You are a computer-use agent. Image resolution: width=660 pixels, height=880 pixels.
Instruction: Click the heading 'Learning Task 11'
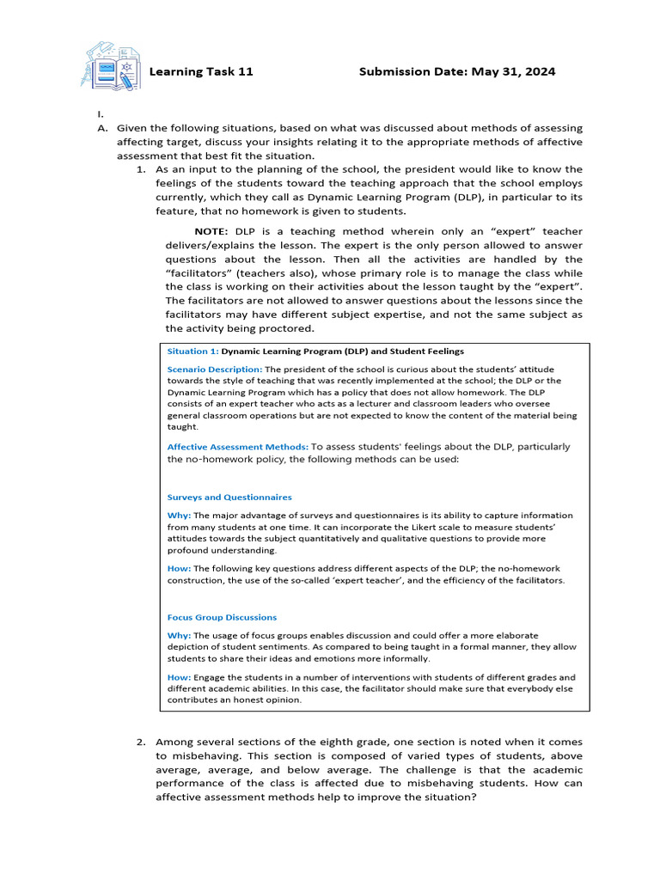click(x=201, y=71)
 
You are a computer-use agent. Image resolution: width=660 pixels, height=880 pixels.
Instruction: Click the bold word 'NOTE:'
click(x=211, y=231)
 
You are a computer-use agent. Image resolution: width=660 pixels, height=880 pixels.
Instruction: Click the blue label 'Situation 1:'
click(x=192, y=351)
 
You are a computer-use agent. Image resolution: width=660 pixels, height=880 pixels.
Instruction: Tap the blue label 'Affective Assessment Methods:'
click(x=237, y=447)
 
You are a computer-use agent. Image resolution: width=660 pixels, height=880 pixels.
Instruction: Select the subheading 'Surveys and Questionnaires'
click(x=229, y=498)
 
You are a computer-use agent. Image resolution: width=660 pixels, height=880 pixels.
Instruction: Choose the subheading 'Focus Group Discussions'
click(x=222, y=617)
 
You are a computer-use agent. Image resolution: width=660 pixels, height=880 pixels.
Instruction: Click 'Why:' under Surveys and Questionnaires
click(x=179, y=516)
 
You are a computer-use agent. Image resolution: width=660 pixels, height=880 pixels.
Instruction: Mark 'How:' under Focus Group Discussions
click(x=179, y=677)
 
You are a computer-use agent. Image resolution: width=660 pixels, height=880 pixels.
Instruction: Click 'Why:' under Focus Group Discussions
click(x=179, y=635)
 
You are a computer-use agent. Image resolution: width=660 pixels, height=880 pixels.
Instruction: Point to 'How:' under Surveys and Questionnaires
click(x=179, y=568)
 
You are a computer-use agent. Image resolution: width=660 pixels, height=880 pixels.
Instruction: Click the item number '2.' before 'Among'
click(x=142, y=742)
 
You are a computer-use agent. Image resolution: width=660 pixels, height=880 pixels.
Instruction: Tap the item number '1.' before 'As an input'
click(x=142, y=170)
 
